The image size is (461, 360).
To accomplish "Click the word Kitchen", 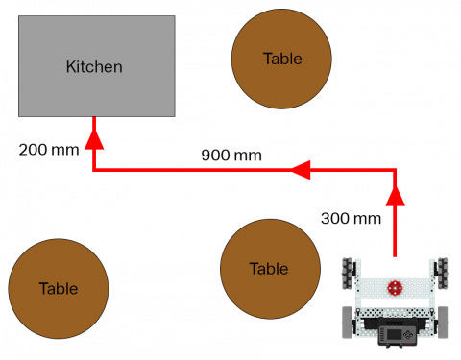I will (94, 67).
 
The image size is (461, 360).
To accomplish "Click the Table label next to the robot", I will (269, 269).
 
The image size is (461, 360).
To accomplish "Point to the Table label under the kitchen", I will (59, 288).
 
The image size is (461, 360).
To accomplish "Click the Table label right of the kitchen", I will (282, 60).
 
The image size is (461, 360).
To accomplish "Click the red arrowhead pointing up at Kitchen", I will (94, 138).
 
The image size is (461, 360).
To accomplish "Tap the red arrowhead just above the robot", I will (396, 196).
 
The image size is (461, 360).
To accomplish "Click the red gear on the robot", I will (395, 287).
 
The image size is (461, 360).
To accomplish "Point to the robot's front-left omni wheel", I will (348, 273).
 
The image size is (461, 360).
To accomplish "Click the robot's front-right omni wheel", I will (443, 273).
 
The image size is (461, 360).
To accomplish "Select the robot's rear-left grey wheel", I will (348, 323).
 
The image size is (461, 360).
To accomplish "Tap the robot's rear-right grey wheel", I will (443, 323).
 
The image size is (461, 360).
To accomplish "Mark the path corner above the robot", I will (396, 170).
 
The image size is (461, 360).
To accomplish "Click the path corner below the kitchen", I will (94, 170).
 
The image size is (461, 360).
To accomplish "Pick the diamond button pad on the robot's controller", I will (408, 334).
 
